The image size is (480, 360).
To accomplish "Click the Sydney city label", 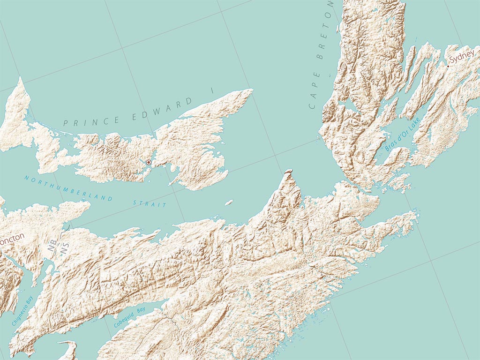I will pyautogui.click(x=462, y=60).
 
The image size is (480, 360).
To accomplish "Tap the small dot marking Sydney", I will pyautogui.click(x=448, y=67).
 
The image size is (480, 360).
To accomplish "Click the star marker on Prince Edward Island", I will pyautogui.click(x=149, y=162).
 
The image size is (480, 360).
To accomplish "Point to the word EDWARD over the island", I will pyautogui.click(x=162, y=107).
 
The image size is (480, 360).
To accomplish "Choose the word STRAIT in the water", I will pyautogui.click(x=150, y=203).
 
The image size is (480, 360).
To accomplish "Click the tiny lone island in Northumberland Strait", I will pyautogui.click(x=229, y=203).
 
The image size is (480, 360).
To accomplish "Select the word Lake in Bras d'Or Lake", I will pyautogui.click(x=414, y=124).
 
